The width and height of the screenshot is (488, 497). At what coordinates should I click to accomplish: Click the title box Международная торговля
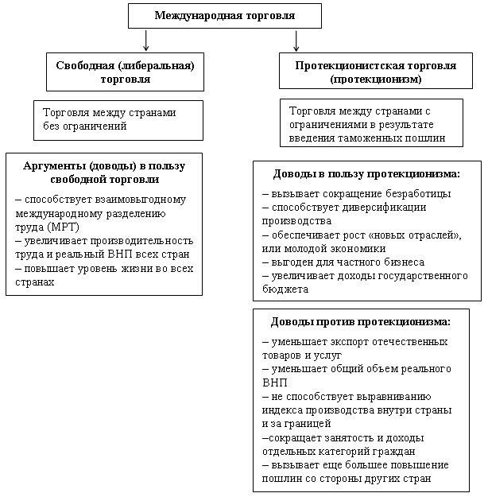pyautogui.click(x=225, y=16)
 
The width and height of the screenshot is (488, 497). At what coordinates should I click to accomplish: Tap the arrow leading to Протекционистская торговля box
pyautogui.click(x=296, y=40)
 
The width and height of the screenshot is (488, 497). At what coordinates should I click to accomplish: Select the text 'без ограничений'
pyautogui.click(x=85, y=126)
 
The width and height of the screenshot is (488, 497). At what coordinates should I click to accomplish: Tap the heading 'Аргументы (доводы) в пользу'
pyautogui.click(x=103, y=165)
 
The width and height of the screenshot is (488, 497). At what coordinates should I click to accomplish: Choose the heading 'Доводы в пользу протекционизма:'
pyautogui.click(x=366, y=173)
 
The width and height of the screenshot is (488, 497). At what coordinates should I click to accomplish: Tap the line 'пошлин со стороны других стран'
pyautogui.click(x=347, y=479)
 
